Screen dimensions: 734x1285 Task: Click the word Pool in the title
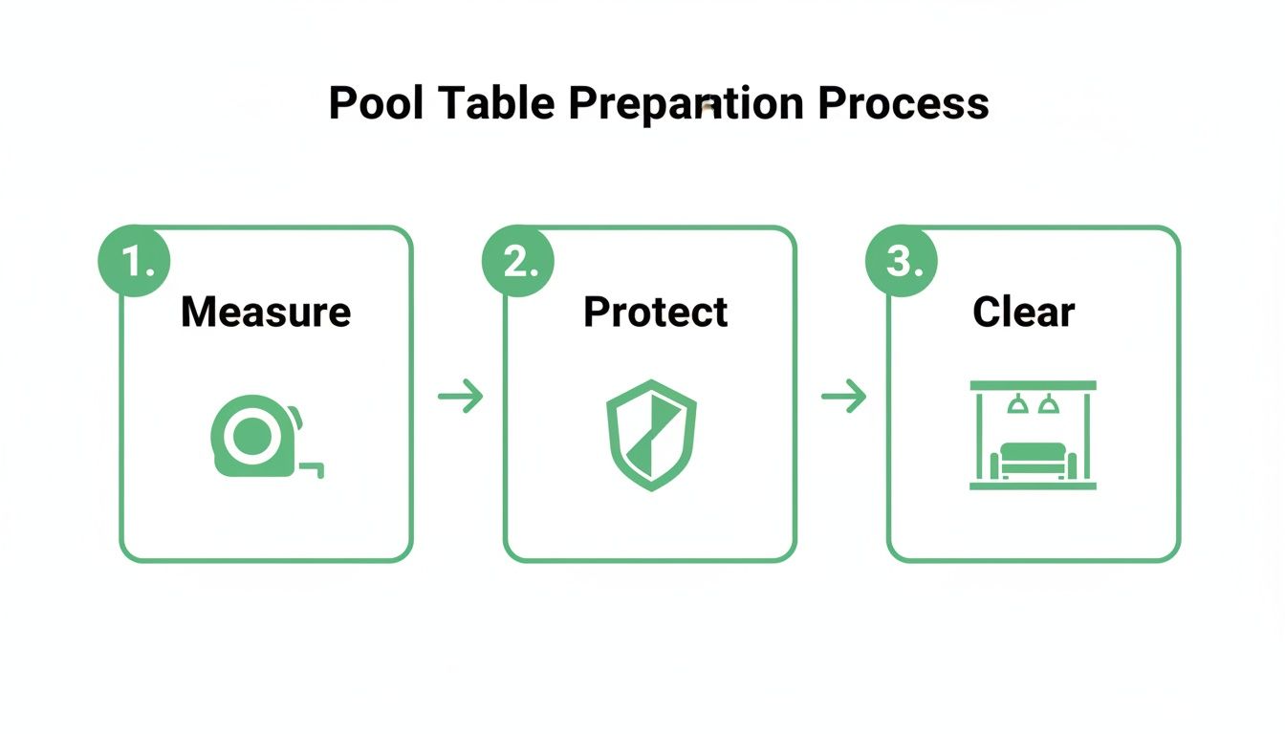(378, 103)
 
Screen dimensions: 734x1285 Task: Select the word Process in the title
(904, 103)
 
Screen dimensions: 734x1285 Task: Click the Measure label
(266, 313)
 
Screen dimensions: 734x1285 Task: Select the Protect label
(655, 313)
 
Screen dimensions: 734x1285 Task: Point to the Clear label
(1023, 313)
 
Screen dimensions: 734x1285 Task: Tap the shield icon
(651, 434)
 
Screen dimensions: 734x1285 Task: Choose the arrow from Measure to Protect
(460, 396)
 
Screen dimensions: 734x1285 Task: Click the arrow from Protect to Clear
(843, 396)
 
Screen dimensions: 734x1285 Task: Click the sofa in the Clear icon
(1033, 460)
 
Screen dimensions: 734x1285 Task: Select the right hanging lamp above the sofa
(1049, 405)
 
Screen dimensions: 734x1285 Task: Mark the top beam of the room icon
(1033, 385)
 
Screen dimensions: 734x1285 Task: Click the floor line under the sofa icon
(1033, 486)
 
